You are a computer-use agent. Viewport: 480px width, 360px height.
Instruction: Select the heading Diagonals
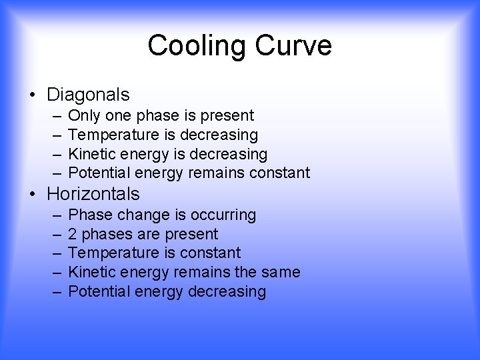click(x=88, y=95)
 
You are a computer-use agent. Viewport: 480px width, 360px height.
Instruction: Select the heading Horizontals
click(x=93, y=194)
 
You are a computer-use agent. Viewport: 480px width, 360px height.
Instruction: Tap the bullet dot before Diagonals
click(x=33, y=95)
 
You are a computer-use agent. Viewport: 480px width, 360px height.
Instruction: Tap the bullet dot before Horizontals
click(x=33, y=195)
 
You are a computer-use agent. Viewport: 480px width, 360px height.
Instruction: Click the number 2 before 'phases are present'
click(x=73, y=234)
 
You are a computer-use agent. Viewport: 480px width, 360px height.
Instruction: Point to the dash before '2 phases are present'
click(x=56, y=235)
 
